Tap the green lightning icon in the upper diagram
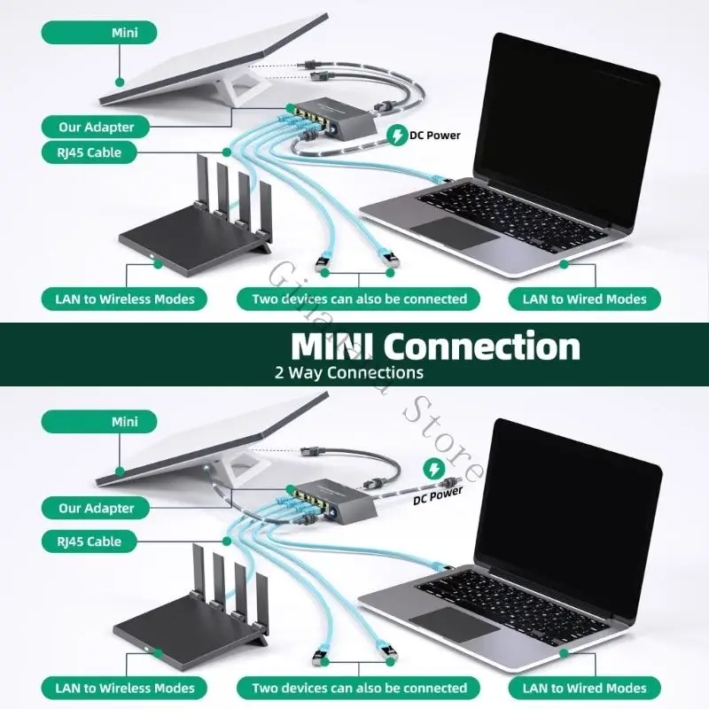tap(396, 136)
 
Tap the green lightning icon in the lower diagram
tap(434, 467)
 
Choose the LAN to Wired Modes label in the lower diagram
tap(584, 687)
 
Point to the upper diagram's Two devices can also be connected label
tap(359, 299)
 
